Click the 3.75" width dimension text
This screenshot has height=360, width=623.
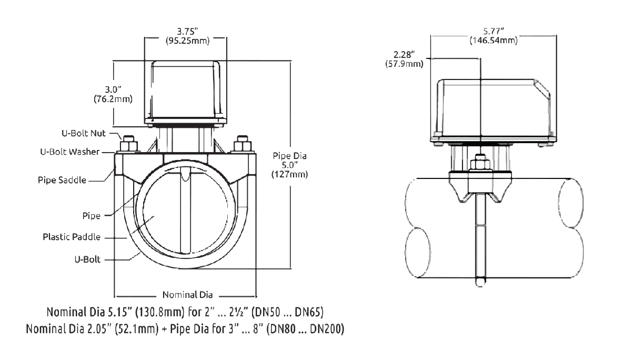(x=185, y=31)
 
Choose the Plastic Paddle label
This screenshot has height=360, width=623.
(x=72, y=237)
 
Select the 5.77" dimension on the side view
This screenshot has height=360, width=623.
(x=493, y=31)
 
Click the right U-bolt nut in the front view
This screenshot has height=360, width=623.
(x=243, y=144)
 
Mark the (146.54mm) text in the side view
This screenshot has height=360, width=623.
(x=493, y=41)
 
